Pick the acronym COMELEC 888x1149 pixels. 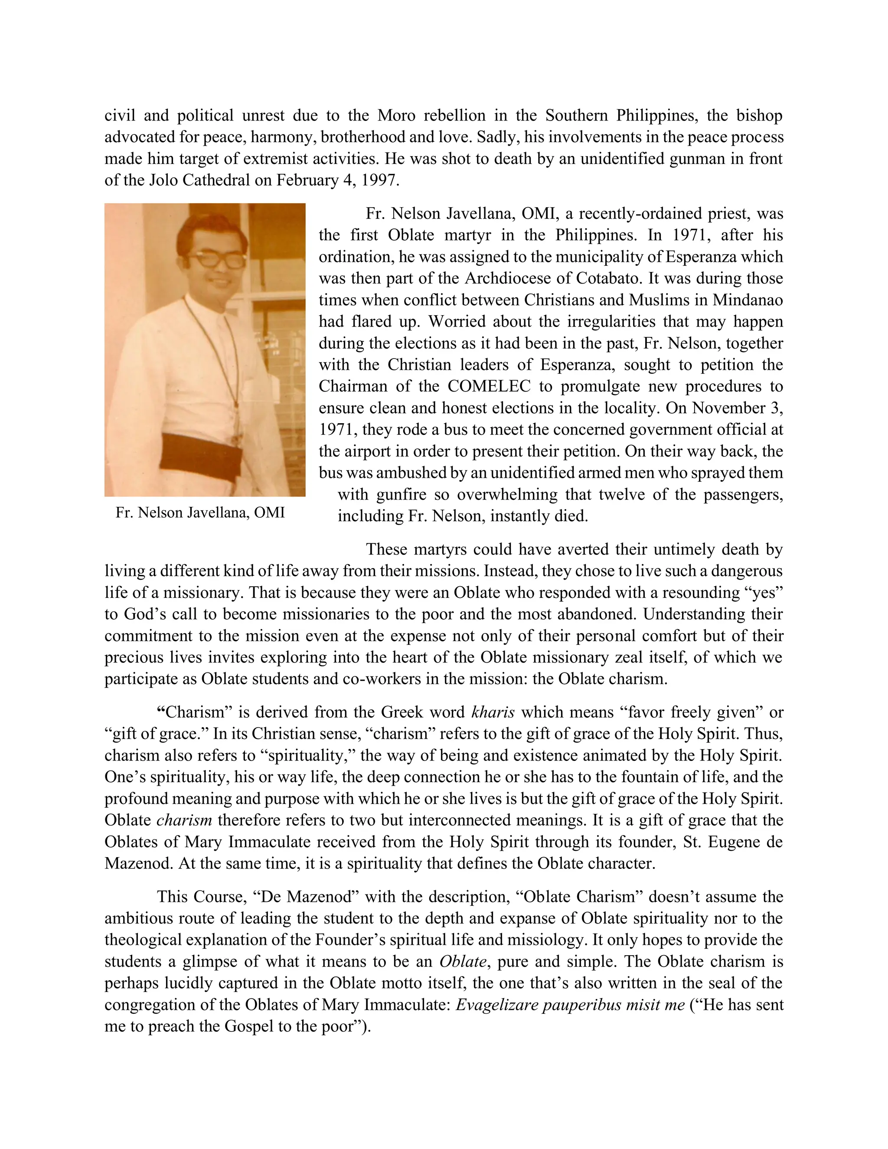click(x=489, y=386)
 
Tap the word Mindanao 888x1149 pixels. click(x=748, y=300)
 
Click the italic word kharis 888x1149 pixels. click(x=493, y=712)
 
